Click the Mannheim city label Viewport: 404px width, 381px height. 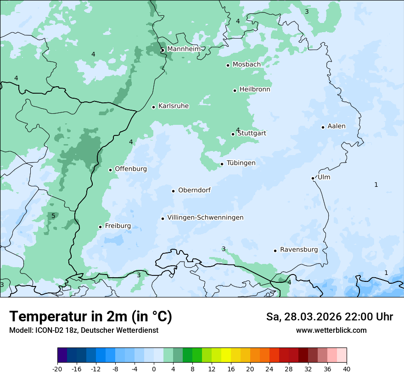tap(184, 49)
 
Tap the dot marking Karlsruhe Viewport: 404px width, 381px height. tap(154, 107)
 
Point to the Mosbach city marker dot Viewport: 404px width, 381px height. tap(228, 65)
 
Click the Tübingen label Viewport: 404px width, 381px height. tap(241, 163)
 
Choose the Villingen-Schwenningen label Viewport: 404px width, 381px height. tap(205, 218)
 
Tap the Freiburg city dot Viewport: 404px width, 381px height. tap(100, 227)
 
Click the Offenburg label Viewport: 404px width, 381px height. tap(131, 169)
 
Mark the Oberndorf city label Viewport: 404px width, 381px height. tap(194, 190)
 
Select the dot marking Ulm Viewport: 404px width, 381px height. tap(313, 178)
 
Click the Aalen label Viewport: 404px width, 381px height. tap(337, 126)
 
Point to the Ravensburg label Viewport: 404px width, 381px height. tap(299, 250)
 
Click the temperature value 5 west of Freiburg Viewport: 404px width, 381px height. tap(53, 216)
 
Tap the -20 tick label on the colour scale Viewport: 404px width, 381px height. tap(57, 369)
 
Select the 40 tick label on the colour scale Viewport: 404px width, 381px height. tap(347, 369)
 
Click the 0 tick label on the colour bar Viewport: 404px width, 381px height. tap(154, 369)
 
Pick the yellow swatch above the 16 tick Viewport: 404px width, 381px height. tap(226, 355)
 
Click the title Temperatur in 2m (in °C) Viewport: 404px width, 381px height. tap(90, 316)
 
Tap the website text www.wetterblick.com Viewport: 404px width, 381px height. tap(331, 331)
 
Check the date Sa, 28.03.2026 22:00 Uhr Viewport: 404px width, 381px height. tap(329, 317)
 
